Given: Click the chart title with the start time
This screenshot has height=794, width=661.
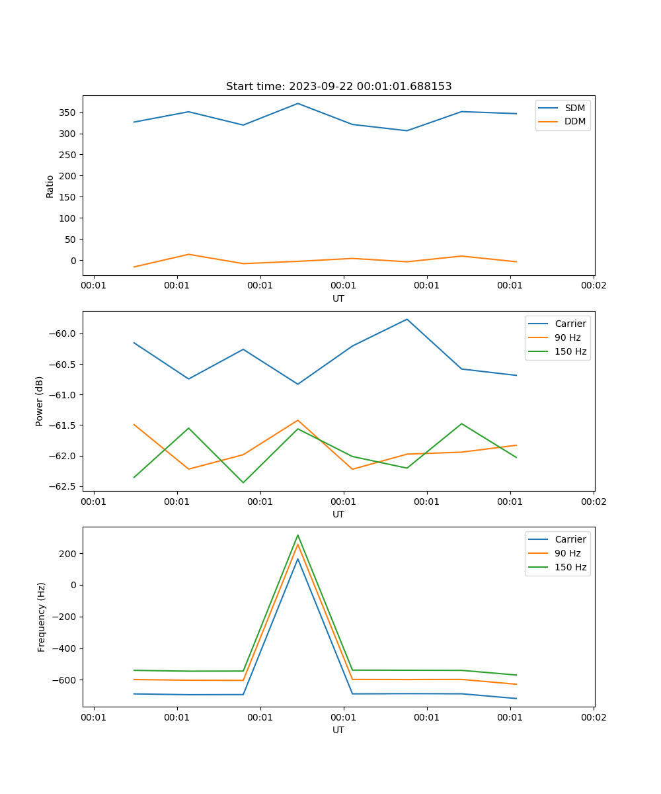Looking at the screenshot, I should click(x=338, y=87).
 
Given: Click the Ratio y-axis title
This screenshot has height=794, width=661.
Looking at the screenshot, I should click(x=50, y=186).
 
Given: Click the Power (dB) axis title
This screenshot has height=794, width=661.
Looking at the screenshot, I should click(x=40, y=401).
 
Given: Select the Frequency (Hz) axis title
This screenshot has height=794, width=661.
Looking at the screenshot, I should click(x=42, y=617).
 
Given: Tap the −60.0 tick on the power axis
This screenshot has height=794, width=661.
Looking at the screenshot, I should click(x=64, y=333).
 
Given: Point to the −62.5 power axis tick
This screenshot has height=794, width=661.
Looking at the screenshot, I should click(x=64, y=486).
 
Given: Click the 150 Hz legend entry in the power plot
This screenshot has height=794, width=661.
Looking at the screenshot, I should click(x=570, y=351).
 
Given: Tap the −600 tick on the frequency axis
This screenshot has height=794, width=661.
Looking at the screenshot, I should click(x=66, y=680).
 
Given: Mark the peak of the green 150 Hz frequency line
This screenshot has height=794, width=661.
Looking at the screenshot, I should click(x=297, y=535).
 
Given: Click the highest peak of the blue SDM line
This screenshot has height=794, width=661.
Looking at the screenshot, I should click(x=297, y=103).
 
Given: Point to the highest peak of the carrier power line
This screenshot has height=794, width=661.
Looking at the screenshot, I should click(x=407, y=319).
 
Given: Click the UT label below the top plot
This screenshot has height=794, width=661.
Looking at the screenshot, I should click(x=338, y=298).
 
